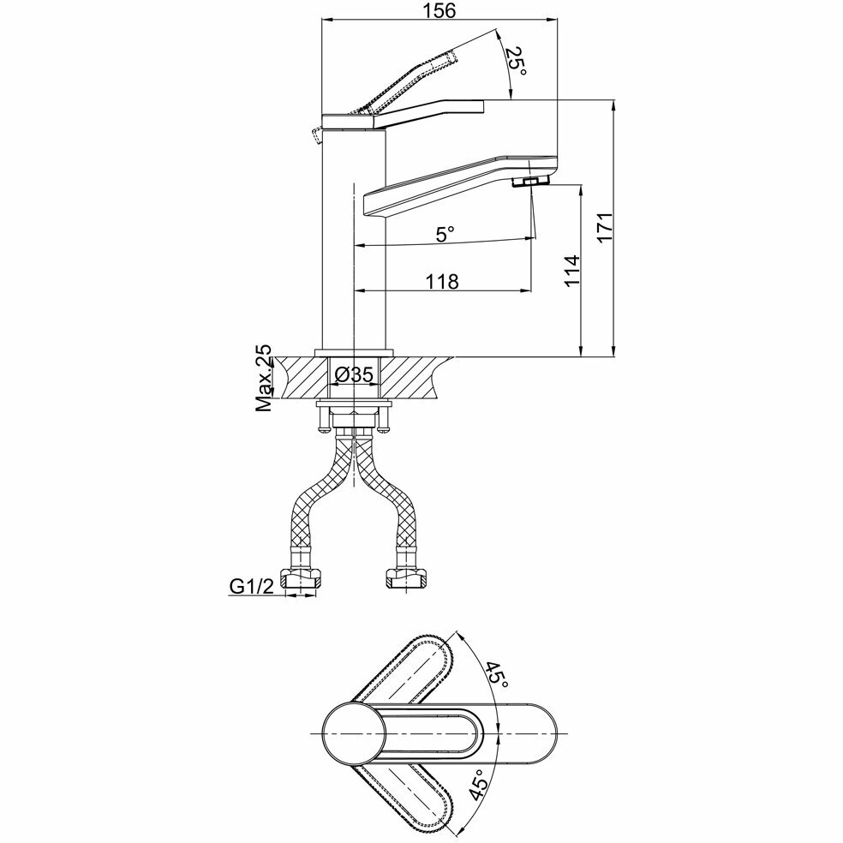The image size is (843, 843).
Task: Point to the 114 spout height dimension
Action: point(571,270)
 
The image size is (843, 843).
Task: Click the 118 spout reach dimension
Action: point(442,280)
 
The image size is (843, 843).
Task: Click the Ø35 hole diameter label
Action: point(354,374)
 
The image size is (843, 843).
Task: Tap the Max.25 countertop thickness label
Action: point(264,380)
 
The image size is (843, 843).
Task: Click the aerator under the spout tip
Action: point(531,182)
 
